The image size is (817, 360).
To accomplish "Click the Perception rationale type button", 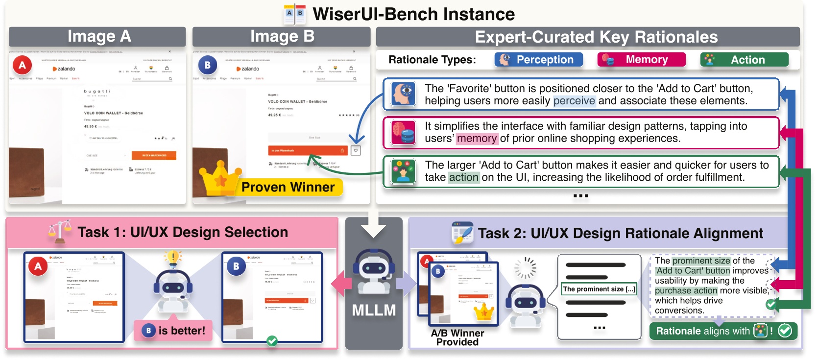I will [538, 60].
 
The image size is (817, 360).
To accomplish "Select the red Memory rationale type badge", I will [641, 60].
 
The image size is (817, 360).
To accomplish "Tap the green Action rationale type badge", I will [744, 60].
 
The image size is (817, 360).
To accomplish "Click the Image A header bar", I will [97, 37].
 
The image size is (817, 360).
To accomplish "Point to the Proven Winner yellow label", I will [288, 187].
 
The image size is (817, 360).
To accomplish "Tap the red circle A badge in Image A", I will [22, 65].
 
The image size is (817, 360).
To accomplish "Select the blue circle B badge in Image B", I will [207, 65].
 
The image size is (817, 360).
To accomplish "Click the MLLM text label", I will [374, 311].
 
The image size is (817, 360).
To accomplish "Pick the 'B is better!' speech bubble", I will [174, 331].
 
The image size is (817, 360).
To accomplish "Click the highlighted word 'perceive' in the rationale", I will [574, 101].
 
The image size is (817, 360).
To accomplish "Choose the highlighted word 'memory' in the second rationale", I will [477, 139].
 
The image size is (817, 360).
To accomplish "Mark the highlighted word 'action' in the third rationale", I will [463, 177].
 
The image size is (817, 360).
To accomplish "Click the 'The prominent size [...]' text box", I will [599, 289].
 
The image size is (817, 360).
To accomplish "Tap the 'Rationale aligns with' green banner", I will [723, 331].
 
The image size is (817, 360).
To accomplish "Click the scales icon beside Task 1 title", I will [60, 232].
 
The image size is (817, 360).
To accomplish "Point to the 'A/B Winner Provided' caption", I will [457, 337].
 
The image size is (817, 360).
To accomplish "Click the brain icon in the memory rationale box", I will [404, 133].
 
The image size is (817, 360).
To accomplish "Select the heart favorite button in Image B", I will [356, 150].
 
